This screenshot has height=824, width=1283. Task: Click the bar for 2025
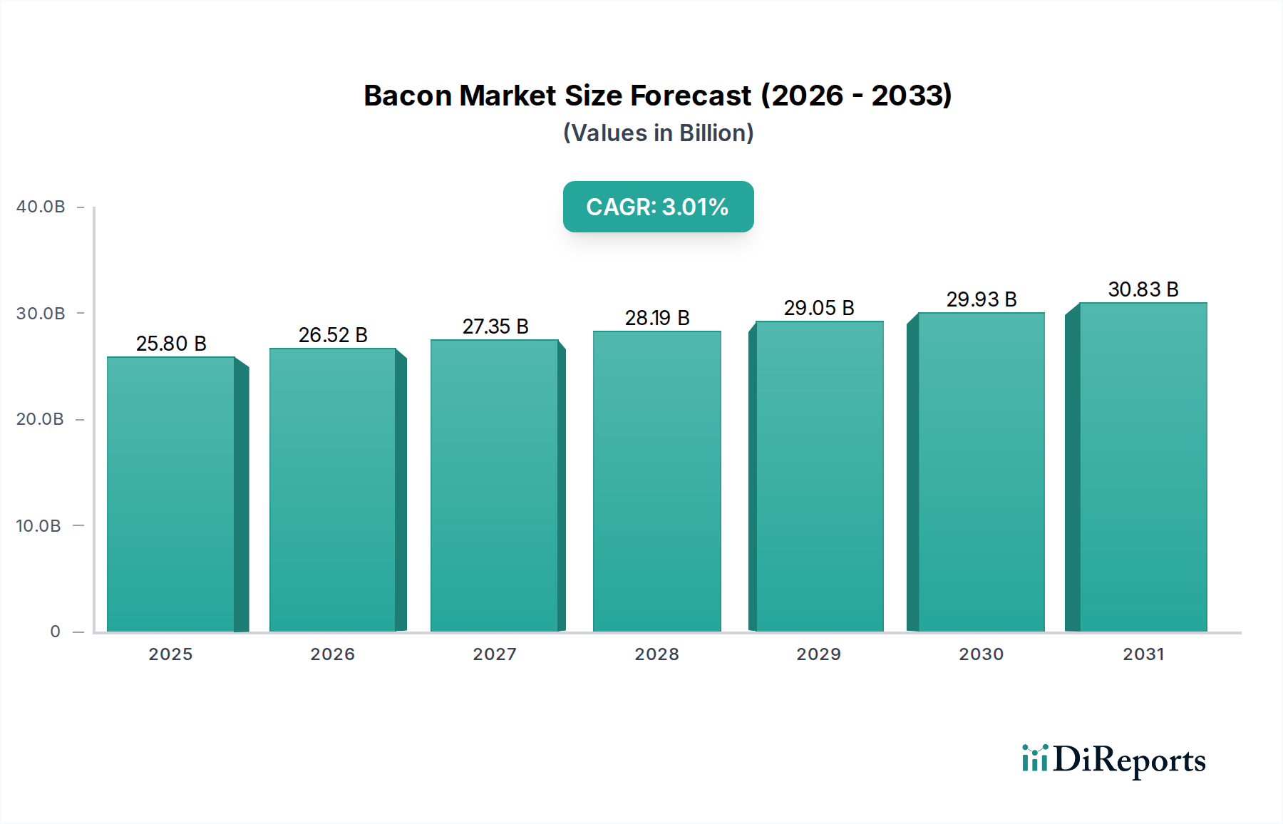pyautogui.click(x=171, y=494)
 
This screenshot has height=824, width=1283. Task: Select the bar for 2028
pyautogui.click(x=656, y=481)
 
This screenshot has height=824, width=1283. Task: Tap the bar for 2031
pyautogui.click(x=1143, y=467)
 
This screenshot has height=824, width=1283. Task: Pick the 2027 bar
pyautogui.click(x=494, y=485)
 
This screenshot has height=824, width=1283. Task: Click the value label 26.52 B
pyautogui.click(x=333, y=335)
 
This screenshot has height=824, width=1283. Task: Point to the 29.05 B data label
pyautogui.click(x=819, y=308)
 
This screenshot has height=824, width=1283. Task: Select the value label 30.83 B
pyautogui.click(x=1143, y=289)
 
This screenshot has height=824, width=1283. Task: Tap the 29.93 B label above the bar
pyautogui.click(x=981, y=299)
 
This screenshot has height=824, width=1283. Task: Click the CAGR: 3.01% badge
pyautogui.click(x=658, y=207)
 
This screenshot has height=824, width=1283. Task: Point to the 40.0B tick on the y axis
pyautogui.click(x=41, y=207)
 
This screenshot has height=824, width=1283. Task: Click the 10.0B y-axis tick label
pyautogui.click(x=38, y=526)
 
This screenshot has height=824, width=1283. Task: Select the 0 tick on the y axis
pyautogui.click(x=55, y=632)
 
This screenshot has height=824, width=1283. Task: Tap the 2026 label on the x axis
pyautogui.click(x=332, y=654)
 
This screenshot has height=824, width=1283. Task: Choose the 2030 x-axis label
pyautogui.click(x=981, y=654)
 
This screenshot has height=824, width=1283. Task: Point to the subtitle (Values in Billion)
pyautogui.click(x=658, y=133)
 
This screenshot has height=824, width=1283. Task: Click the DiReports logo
pyautogui.click(x=1113, y=760)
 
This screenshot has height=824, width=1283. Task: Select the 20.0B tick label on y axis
pyautogui.click(x=40, y=419)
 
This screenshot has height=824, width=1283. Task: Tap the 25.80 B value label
pyautogui.click(x=171, y=344)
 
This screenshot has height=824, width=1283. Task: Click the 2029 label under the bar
pyautogui.click(x=818, y=654)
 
